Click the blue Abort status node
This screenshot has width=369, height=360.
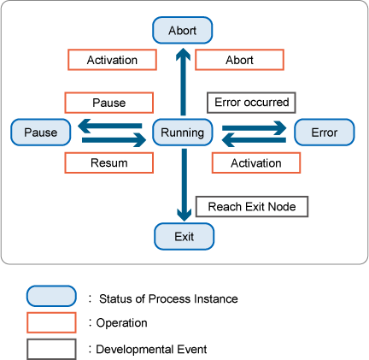pos(183,30)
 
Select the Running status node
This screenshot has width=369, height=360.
pos(183,133)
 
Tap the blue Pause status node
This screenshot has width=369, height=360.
pos(41,133)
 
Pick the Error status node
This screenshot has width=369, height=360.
pos(325,133)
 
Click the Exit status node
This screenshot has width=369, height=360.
pos(184,237)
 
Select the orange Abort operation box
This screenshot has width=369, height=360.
pos(239,60)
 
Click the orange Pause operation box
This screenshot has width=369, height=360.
pos(109,103)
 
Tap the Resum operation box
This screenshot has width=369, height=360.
pos(109,162)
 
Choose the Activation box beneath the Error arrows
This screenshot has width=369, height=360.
pos(256,162)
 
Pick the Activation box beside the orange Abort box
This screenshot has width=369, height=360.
pos(112,60)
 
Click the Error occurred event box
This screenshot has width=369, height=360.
pos(251,103)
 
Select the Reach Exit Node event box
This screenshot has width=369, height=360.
pos(252,207)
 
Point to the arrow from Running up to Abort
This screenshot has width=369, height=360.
pos(183,82)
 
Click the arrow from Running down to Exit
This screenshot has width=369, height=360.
pos(184,185)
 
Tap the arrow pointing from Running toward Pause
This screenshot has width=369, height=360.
pos(110,126)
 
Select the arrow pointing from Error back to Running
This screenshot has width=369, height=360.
pos(254,140)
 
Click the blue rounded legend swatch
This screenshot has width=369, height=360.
pos(51,296)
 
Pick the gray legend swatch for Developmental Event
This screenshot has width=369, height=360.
pos(51,349)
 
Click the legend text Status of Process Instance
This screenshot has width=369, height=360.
pos(168,298)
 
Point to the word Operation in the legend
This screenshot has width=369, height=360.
pos(122,323)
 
